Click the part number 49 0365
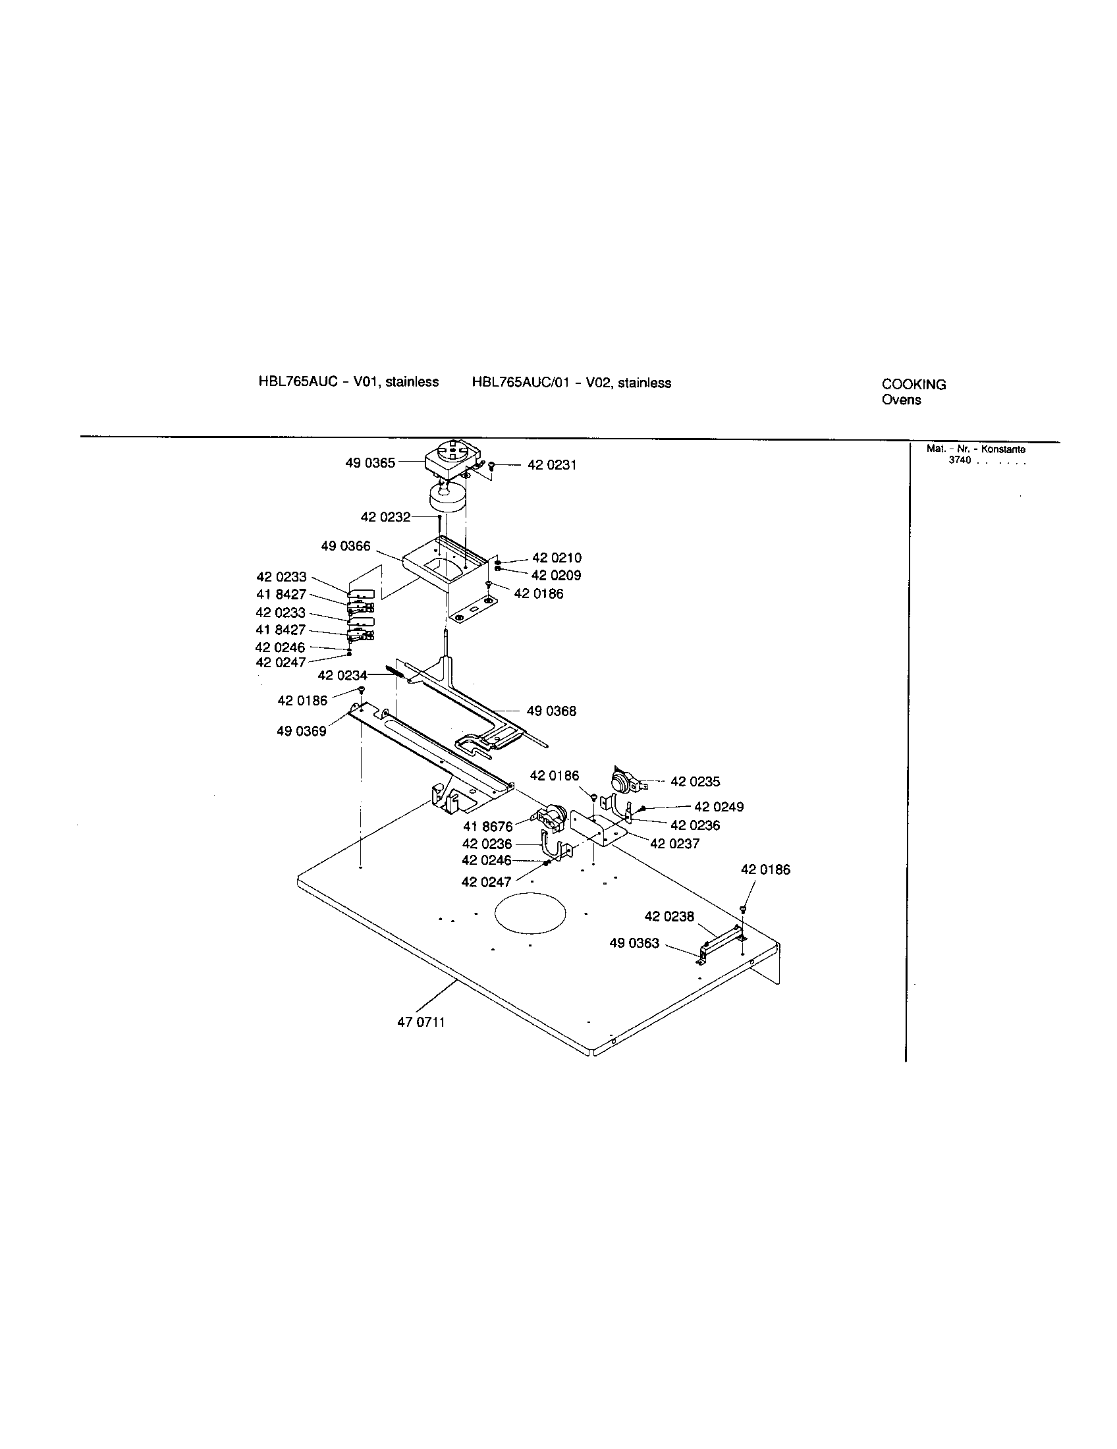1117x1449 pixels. (x=369, y=463)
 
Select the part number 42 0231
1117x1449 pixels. (x=552, y=465)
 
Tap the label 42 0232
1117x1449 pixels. (x=385, y=517)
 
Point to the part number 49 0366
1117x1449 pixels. (x=346, y=546)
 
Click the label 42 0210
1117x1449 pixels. (x=557, y=558)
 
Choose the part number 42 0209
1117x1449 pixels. (x=556, y=575)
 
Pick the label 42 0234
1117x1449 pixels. (x=342, y=675)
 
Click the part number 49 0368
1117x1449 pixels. (x=551, y=711)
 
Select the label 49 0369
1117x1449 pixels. (x=301, y=731)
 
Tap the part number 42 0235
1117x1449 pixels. (x=695, y=782)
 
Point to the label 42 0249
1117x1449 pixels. (x=719, y=807)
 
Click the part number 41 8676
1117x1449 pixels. (x=487, y=827)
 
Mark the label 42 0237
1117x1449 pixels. (x=674, y=844)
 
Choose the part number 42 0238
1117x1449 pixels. (x=669, y=916)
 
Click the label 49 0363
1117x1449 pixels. (x=634, y=943)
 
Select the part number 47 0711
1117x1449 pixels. (x=422, y=1022)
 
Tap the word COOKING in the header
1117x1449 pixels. (x=913, y=384)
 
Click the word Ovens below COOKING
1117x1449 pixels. (x=901, y=400)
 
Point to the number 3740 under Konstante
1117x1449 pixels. (x=959, y=460)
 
